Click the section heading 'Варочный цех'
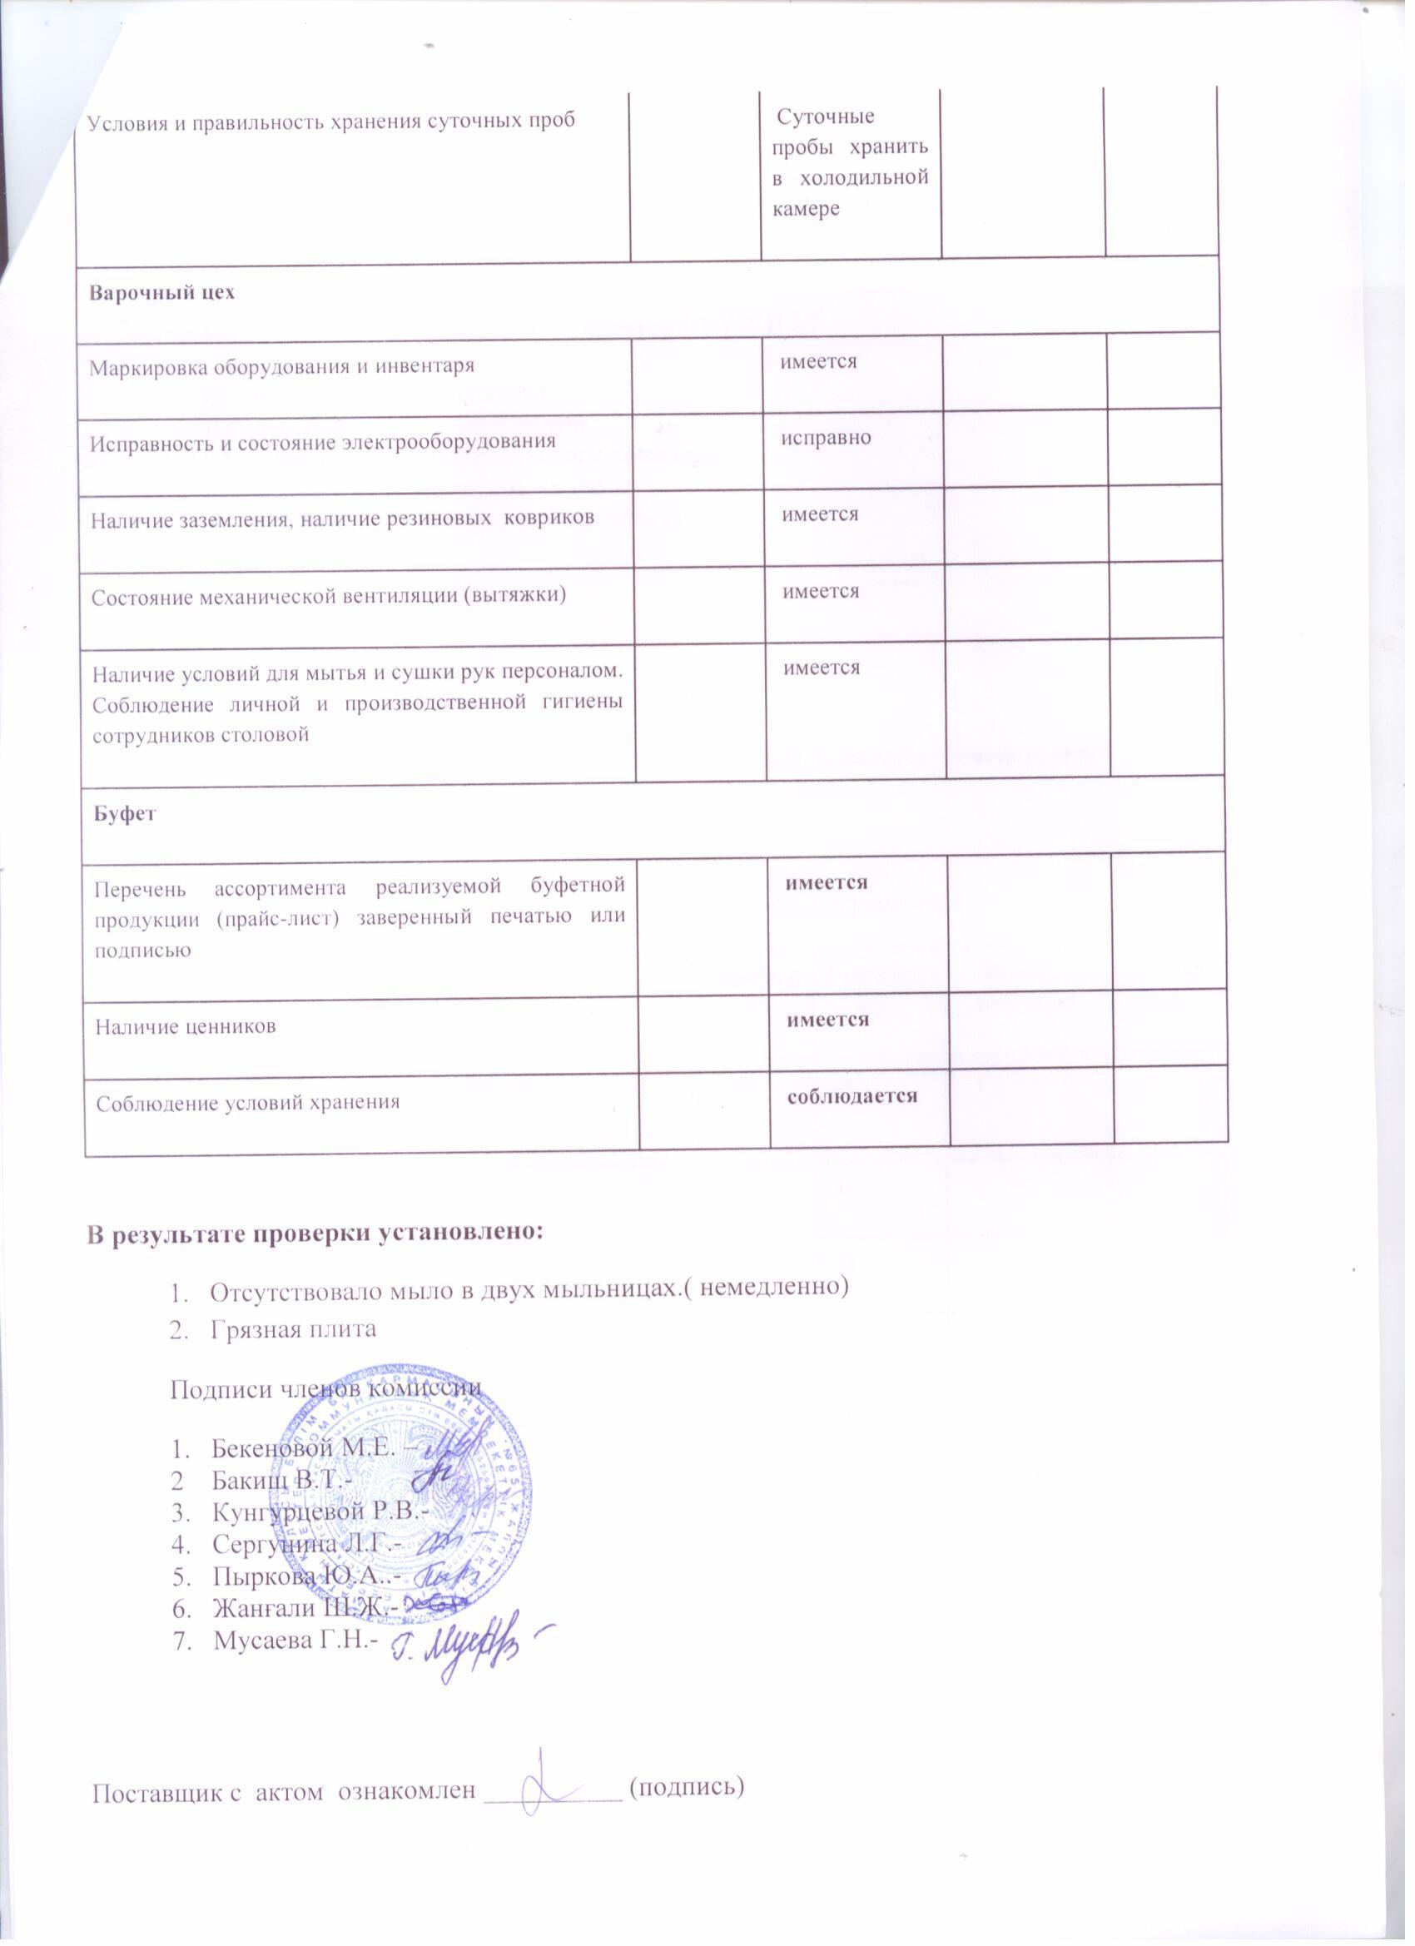[x=162, y=293]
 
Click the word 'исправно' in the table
[x=826, y=438]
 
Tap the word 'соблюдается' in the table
[x=853, y=1095]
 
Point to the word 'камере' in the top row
[x=805, y=208]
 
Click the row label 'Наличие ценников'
[x=186, y=1026]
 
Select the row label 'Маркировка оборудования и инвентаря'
[x=282, y=367]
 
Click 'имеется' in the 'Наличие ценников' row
[x=828, y=1020]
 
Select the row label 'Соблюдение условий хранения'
[x=248, y=1103]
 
